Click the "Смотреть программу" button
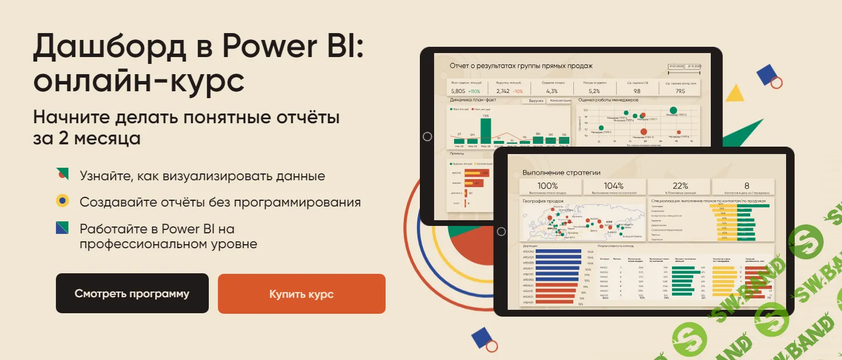pos(132,294)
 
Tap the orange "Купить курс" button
pos(301,294)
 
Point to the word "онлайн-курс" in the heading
pos(139,82)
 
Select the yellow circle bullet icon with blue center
pos(62,201)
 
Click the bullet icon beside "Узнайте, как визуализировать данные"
pos(62,173)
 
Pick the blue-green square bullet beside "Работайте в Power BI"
pos(62,228)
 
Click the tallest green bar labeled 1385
pos(485,130)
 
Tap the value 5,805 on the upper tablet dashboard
pos(458,91)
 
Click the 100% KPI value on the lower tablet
pos(548,186)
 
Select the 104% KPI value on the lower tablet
pos(614,186)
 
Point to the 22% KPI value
pos(680,186)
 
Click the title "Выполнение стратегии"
pos(561,172)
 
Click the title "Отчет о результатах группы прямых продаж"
pos(521,66)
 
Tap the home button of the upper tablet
pos(427,136)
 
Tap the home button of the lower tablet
pos(501,231)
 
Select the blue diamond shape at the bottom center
pos(481,337)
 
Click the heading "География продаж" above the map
pos(543,201)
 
